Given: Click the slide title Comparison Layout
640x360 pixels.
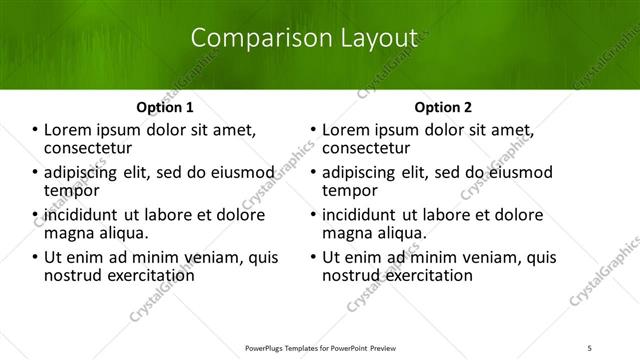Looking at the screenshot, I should (304, 38).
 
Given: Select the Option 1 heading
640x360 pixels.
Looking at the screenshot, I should (164, 107).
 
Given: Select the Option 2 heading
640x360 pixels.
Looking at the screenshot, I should (442, 107).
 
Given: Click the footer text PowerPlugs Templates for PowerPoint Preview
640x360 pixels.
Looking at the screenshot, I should (320, 347).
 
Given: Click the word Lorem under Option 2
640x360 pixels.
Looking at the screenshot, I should (348, 130).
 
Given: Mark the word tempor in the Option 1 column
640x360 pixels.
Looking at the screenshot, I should (72, 190).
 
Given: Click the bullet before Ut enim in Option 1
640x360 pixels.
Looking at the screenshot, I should (35, 257).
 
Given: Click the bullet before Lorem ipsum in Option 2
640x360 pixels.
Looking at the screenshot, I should (313, 130).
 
